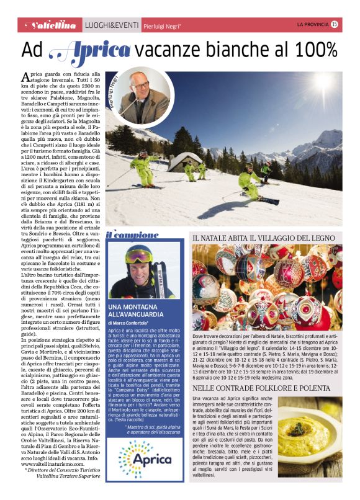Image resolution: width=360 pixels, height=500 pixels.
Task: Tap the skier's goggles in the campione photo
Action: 137,256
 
